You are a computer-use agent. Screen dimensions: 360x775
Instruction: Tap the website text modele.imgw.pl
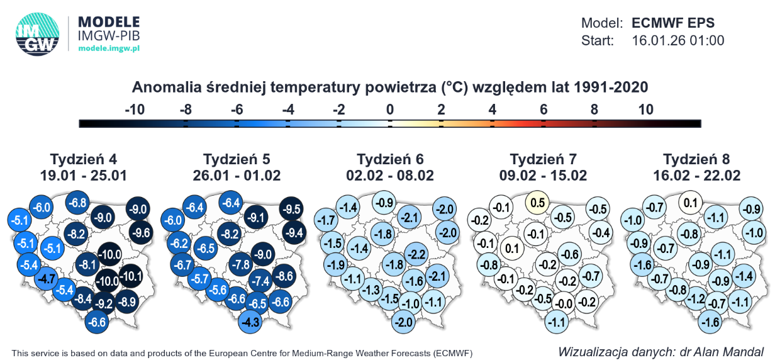click(109, 48)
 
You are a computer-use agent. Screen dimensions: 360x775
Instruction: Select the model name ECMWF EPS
click(672, 23)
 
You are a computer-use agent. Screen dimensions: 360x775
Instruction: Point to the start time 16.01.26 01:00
click(677, 40)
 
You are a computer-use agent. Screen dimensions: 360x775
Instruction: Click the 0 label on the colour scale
click(390, 109)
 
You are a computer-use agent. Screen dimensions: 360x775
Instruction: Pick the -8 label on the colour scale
click(186, 109)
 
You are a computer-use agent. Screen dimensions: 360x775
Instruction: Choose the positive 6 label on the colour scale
click(544, 109)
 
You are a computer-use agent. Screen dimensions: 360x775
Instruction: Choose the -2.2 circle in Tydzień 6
click(416, 254)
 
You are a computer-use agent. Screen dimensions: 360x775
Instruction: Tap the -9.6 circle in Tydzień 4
click(141, 233)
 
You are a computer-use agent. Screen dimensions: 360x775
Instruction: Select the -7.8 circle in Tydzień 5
click(241, 264)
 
